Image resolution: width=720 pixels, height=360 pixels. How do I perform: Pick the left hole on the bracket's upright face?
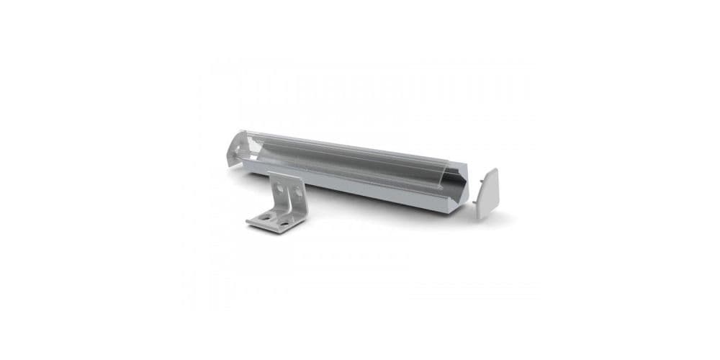[279, 189]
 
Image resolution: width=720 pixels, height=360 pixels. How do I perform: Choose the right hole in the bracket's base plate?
[284, 224]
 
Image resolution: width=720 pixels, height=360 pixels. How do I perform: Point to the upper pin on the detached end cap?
[480, 181]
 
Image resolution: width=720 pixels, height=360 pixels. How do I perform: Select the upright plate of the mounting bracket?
[287, 189]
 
